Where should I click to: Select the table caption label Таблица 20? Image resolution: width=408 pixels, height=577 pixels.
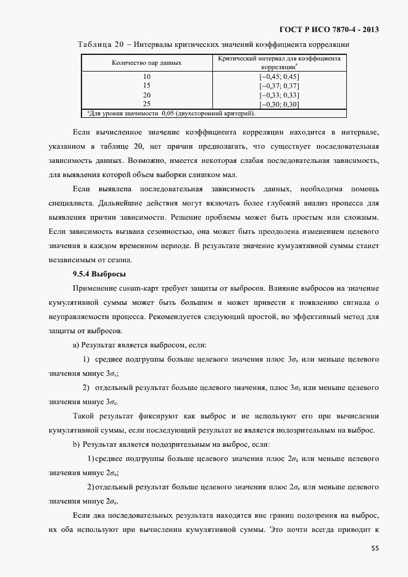(101, 44)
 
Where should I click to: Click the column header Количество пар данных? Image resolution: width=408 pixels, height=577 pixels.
(146, 63)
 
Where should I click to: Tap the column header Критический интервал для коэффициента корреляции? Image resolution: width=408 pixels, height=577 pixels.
(279, 62)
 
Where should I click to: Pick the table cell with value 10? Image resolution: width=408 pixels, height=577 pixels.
(146, 77)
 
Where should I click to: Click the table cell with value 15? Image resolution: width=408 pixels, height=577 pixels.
(146, 86)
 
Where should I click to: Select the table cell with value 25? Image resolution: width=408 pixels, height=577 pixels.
(146, 104)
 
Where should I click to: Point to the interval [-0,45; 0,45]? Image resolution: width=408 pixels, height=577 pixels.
(279, 77)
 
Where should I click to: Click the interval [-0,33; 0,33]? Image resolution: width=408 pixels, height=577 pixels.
(279, 95)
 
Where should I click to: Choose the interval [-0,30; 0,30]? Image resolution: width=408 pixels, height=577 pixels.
(279, 104)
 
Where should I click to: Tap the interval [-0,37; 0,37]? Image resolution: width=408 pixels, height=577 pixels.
(279, 86)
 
